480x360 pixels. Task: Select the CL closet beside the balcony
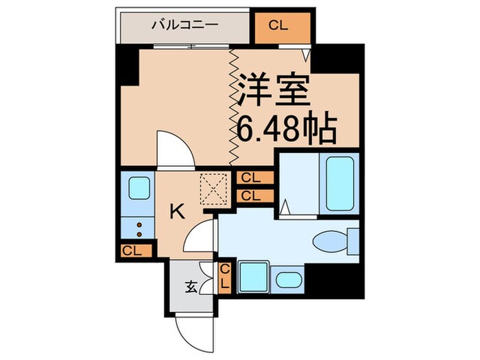(x=278, y=26)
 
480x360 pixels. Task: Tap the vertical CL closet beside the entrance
(x=224, y=278)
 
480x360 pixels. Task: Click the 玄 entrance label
(x=190, y=287)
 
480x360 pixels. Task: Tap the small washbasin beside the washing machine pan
(x=287, y=280)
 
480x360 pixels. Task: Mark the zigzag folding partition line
(x=233, y=106)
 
